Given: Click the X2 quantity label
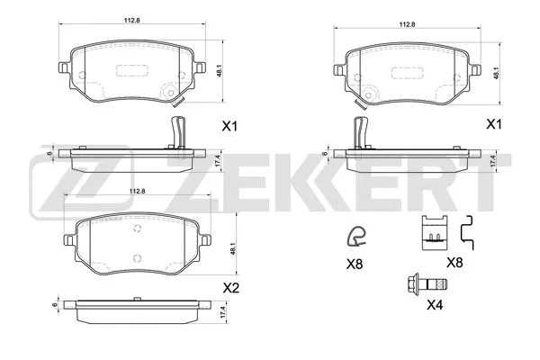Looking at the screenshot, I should coord(231,290).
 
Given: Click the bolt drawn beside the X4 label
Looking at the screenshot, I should coord(415,283).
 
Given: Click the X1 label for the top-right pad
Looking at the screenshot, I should coord(494,126).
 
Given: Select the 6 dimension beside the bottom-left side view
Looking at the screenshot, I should coord(55,304).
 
